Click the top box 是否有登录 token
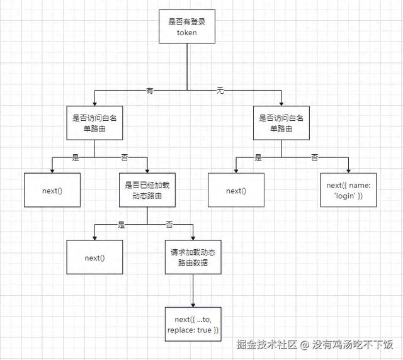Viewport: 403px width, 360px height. (188, 26)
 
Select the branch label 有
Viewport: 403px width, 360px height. (150, 91)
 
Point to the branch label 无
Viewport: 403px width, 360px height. (220, 91)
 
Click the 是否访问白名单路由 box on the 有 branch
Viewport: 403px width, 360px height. (94, 123)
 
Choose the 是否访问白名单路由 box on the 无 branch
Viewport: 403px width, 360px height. (281, 123)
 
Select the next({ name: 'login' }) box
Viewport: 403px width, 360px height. (348, 190)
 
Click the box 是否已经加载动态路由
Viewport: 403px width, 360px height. (147, 190)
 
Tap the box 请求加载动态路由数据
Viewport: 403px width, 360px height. (193, 257)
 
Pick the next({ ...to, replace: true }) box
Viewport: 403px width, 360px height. (193, 325)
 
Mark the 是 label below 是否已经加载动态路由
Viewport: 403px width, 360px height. (122, 224)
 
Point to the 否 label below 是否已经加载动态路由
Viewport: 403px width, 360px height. (169, 224)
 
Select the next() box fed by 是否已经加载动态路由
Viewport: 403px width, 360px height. (94, 257)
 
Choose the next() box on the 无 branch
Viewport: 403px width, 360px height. (236, 190)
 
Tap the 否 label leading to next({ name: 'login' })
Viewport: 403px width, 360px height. (314, 157)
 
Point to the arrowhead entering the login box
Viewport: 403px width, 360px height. (348, 169)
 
